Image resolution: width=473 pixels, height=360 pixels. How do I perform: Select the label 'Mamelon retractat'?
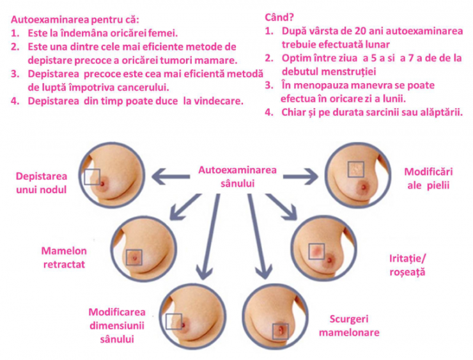(63, 256)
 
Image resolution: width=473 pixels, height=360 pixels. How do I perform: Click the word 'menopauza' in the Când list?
(311, 84)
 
